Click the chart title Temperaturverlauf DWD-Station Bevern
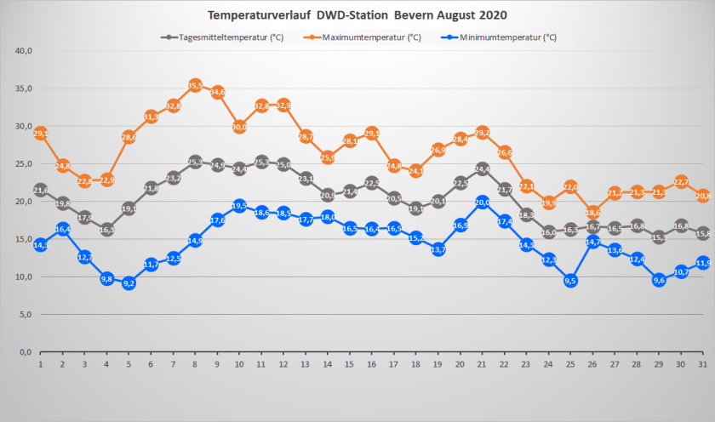pos(357,16)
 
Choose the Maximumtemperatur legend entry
pos(371,37)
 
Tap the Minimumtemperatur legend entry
pos(507,37)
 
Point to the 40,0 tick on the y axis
pos(23,51)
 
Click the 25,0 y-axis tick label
pos(23,164)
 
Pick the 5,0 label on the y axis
pos(25,315)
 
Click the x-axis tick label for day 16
pos(371,363)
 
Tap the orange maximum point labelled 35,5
pos(195,85)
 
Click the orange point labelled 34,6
pos(217,92)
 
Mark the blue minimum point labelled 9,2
pos(129,282)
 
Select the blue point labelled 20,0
pos(482,202)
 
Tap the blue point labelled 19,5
pos(239,205)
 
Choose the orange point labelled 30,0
pos(239,127)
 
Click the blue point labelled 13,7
pos(438,249)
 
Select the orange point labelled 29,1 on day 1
pos(40,134)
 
